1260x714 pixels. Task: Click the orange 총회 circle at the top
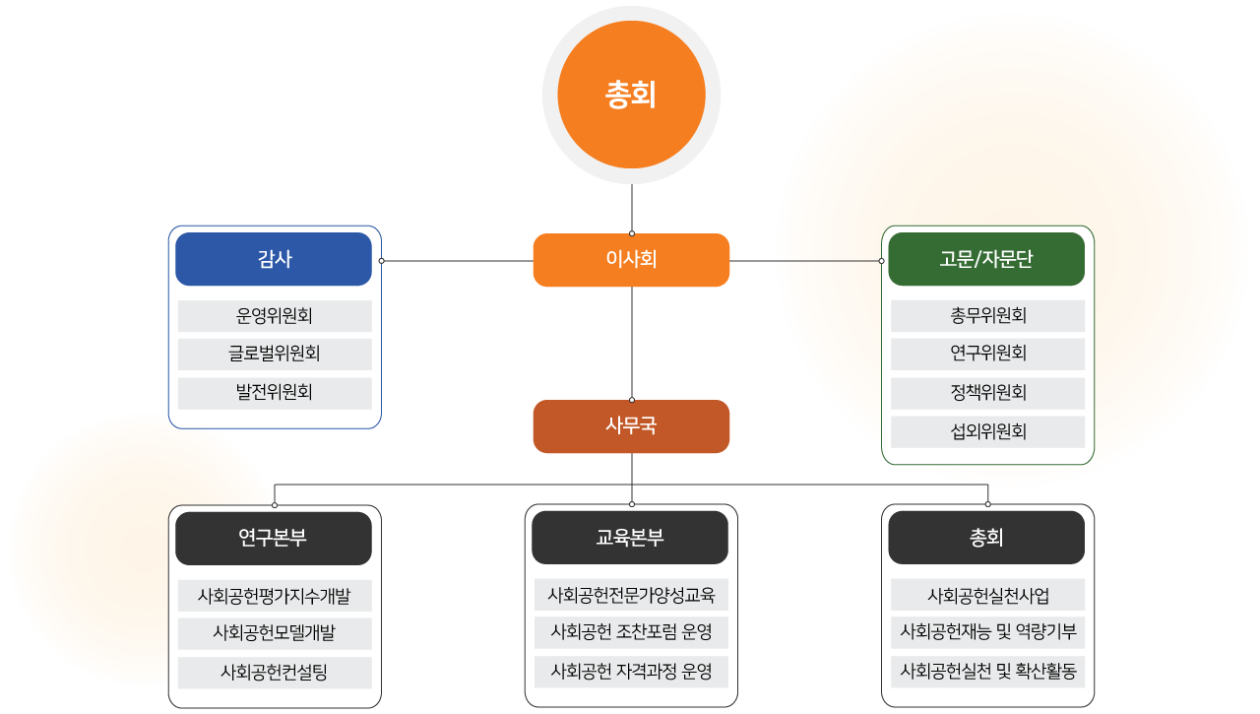click(631, 95)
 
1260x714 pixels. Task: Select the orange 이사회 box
click(631, 260)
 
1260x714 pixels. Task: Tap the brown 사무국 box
click(631, 426)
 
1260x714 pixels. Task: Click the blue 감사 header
click(274, 259)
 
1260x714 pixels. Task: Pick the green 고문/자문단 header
click(986, 259)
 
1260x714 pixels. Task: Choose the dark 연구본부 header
click(274, 538)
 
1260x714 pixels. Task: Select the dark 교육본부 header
click(630, 538)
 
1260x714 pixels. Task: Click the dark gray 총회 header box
click(986, 538)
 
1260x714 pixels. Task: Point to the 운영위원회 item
click(275, 316)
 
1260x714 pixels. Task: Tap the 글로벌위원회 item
click(275, 354)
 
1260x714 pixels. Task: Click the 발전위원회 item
click(275, 392)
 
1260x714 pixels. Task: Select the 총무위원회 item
click(987, 316)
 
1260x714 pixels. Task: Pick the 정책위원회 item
click(987, 393)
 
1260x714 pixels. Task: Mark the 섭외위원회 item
click(987, 431)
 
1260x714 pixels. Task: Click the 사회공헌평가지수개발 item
click(275, 596)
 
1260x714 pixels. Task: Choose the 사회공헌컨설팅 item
click(275, 673)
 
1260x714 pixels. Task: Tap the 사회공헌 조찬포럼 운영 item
click(631, 631)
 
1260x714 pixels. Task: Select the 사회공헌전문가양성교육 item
click(631, 595)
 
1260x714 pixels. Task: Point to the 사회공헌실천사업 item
click(987, 596)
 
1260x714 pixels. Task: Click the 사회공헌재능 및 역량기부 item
click(987, 631)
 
